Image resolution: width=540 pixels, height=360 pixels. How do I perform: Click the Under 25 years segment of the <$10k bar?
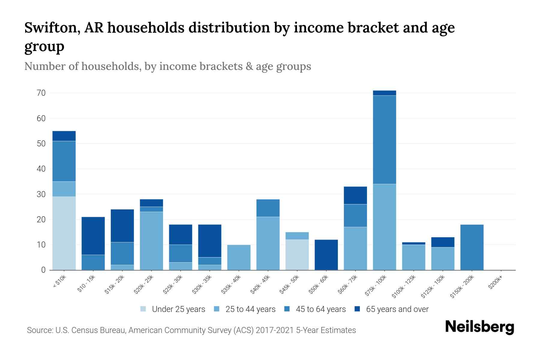point(64,233)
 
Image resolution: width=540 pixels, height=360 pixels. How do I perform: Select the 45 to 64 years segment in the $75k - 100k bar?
point(384,139)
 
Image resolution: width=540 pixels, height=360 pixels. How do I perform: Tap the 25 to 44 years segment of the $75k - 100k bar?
point(384,227)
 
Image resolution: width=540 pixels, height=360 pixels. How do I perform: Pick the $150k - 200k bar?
point(472,247)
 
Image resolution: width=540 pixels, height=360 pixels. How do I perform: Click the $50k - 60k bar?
point(326,255)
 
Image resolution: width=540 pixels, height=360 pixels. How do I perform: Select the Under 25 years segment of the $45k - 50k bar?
point(297,255)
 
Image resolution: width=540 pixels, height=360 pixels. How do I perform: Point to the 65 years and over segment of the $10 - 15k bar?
point(93,236)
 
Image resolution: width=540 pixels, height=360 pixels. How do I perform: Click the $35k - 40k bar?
point(239,257)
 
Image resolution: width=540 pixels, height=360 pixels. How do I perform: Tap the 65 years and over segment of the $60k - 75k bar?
point(355,195)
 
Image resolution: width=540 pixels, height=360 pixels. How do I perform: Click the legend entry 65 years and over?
point(391,309)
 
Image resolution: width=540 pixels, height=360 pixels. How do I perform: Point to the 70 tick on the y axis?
point(41,93)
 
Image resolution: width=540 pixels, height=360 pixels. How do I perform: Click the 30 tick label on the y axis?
point(41,194)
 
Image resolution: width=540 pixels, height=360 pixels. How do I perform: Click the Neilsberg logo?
point(479,327)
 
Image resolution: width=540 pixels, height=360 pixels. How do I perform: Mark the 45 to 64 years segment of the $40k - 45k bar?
point(268,208)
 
